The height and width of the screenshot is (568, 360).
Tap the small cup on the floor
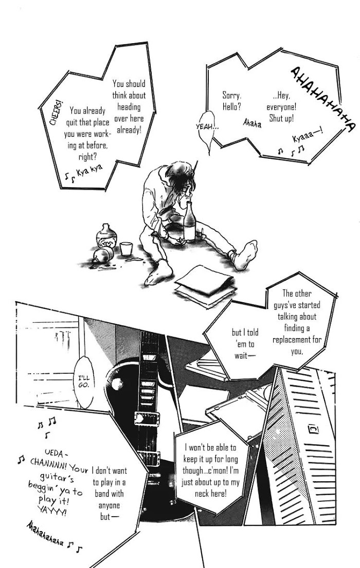[x=126, y=249]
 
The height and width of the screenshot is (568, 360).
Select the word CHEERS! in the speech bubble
[x=56, y=113]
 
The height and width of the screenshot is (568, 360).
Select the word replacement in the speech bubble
[x=297, y=340]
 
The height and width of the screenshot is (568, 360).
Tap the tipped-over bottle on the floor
[x=103, y=255]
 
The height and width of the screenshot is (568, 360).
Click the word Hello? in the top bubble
[x=232, y=107]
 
